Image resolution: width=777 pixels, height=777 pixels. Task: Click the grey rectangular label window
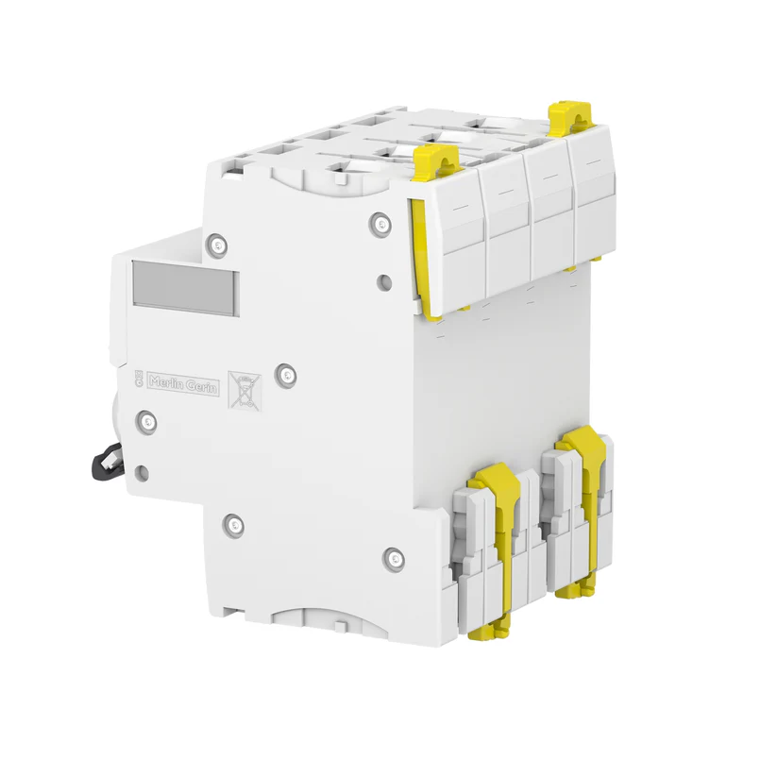[x=186, y=287]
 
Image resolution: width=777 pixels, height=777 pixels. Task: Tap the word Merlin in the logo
[x=168, y=381]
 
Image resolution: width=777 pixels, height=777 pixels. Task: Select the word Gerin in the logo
[x=201, y=386]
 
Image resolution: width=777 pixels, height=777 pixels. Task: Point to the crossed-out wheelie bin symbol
[x=245, y=389]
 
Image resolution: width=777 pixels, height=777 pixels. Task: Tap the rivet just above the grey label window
[x=218, y=245]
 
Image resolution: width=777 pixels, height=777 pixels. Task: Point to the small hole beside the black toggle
[x=142, y=471]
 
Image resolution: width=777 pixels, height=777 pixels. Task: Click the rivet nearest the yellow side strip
[x=380, y=224]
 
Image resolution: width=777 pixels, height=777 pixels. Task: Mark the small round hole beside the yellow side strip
[x=384, y=280]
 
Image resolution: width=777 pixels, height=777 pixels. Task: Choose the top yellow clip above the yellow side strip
[x=437, y=160]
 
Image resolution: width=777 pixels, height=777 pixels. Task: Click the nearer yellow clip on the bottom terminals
[x=498, y=529]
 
